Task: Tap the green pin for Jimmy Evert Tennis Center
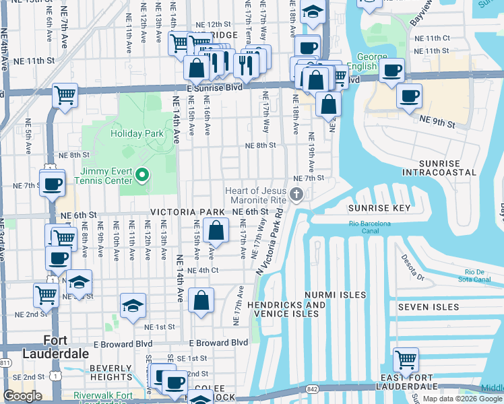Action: pos(142,176)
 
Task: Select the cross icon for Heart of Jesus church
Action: pos(296,195)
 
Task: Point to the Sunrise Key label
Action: pos(379,208)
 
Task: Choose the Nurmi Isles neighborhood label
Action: pos(335,295)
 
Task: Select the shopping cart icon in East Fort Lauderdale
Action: pos(406,360)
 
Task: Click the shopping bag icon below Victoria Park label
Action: pos(215,232)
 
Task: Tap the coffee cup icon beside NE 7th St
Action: pos(52,183)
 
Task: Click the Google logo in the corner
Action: pos(22,396)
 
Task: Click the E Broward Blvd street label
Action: pos(218,343)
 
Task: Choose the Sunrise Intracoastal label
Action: pos(439,168)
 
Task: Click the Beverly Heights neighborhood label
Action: pos(111,372)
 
